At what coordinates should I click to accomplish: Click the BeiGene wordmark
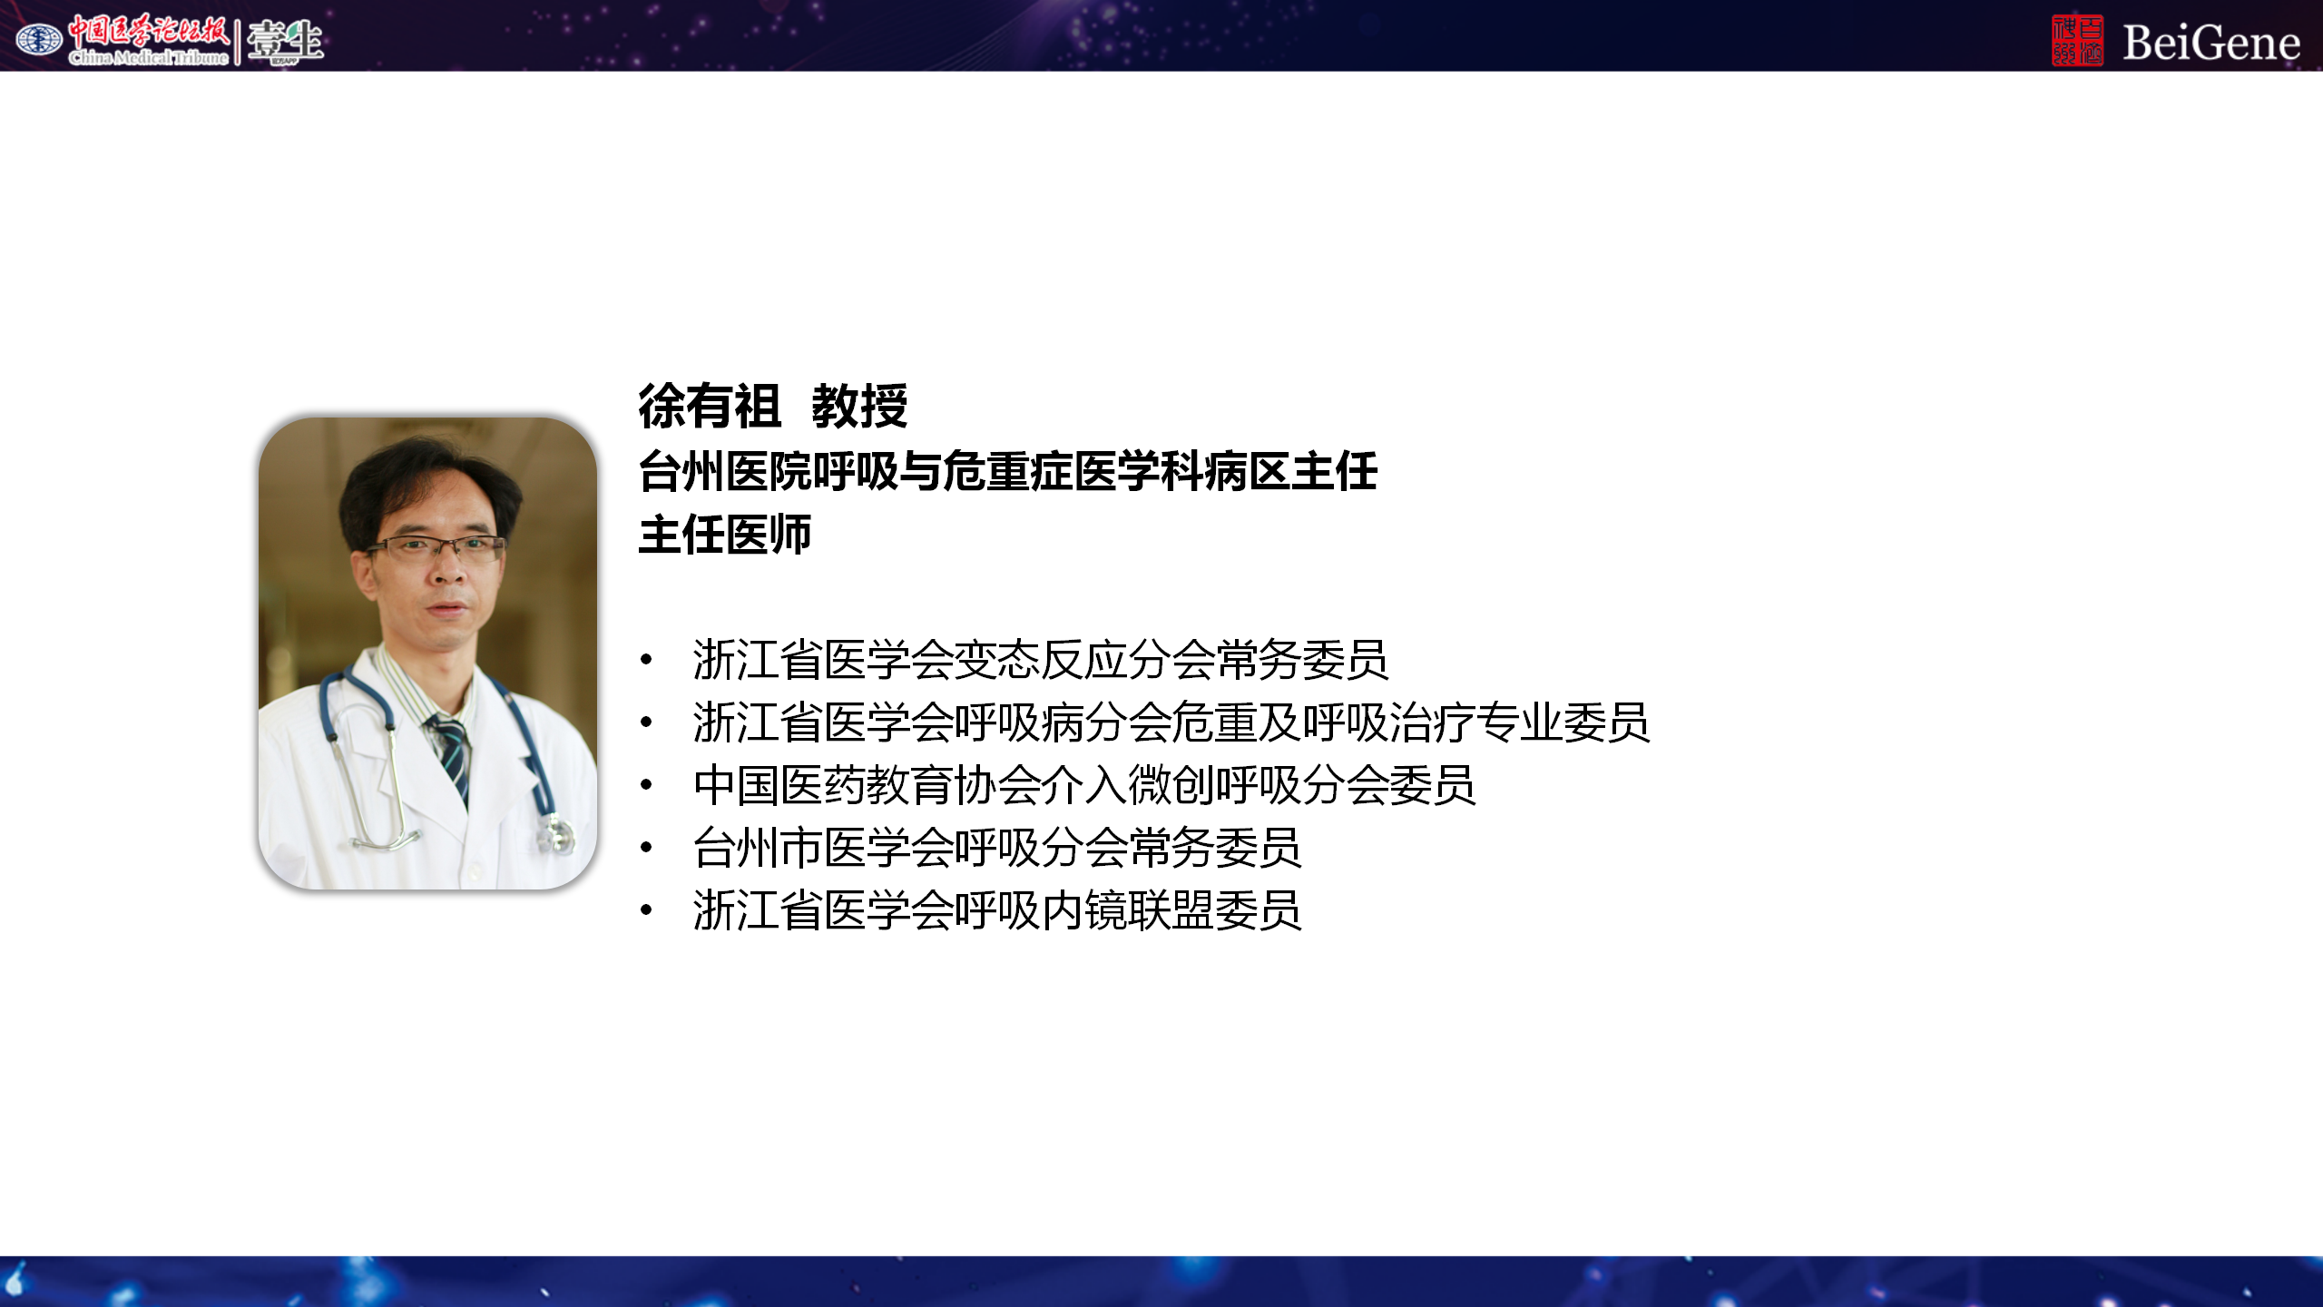point(2210,42)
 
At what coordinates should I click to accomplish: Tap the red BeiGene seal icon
point(2077,41)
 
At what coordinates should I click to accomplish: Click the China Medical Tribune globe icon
point(39,39)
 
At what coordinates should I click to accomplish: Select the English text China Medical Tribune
point(149,57)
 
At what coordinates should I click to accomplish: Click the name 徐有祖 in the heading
point(710,406)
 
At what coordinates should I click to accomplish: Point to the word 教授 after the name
point(859,406)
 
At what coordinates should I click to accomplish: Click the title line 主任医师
point(725,535)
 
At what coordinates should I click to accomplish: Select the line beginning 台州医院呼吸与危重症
point(1008,471)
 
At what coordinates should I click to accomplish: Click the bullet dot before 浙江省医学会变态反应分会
point(646,660)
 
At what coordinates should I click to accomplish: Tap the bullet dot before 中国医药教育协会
point(646,785)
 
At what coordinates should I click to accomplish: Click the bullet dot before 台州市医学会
point(646,848)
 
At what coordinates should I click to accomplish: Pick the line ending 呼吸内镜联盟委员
point(997,910)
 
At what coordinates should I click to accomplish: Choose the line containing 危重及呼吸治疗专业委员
point(1171,722)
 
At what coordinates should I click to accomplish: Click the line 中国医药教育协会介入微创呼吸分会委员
point(1084,785)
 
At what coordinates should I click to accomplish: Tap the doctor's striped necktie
point(452,753)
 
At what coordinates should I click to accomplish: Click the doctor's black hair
point(426,477)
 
